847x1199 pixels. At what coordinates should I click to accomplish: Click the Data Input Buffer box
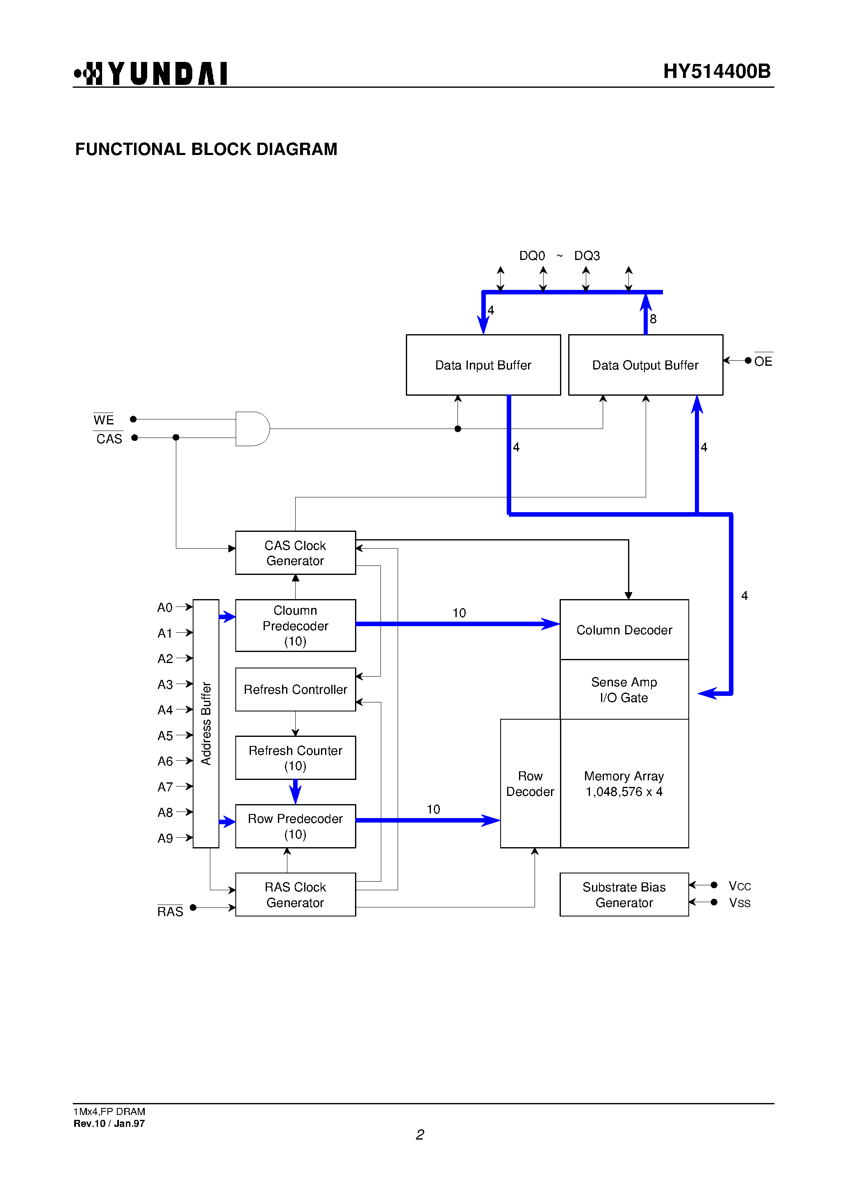483,365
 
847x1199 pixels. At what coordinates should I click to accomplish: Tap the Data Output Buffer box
645,365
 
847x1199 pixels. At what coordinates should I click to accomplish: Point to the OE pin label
763,361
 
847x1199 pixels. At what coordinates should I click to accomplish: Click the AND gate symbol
252,429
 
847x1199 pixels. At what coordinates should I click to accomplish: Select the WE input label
103,420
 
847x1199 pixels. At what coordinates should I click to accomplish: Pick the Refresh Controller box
295,689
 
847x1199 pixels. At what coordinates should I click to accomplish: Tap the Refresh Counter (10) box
295,758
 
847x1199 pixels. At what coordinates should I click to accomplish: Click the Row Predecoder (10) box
295,826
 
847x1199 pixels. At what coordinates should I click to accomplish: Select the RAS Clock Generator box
295,895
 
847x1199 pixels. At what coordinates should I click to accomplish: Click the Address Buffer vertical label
206,723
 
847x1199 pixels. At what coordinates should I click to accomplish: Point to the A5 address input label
165,736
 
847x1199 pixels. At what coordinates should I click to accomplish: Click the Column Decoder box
624,630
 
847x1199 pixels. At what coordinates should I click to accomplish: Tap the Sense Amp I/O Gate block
624,689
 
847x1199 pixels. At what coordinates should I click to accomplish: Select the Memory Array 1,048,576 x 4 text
624,784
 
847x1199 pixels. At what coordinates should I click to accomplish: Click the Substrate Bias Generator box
624,895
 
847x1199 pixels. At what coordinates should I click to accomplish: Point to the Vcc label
740,886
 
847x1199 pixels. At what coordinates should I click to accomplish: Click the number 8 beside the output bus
653,319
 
